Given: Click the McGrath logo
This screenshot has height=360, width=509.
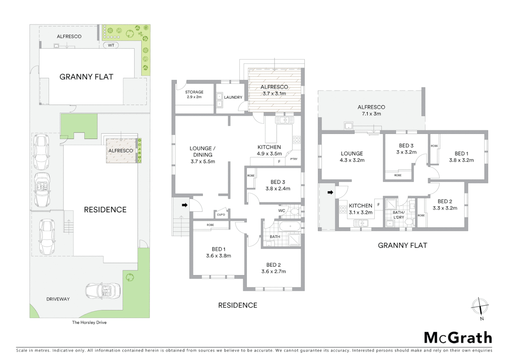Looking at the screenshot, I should (x=458, y=338).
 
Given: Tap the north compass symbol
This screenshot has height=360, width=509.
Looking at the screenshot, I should (x=480, y=306).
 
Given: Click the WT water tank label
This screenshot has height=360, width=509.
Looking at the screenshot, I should (x=111, y=45).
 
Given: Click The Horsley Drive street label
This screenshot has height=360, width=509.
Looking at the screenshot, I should (x=89, y=322).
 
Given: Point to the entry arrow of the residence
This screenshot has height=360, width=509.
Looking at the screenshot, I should (x=184, y=205).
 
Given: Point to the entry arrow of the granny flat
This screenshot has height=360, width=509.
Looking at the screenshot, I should (x=330, y=192).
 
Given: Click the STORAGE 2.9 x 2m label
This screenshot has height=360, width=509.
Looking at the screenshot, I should (x=194, y=94).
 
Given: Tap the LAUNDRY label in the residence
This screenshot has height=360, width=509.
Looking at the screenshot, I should (x=233, y=97).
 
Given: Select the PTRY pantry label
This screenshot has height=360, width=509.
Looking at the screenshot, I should (x=294, y=159).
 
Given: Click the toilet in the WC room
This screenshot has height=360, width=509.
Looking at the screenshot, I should (x=295, y=211).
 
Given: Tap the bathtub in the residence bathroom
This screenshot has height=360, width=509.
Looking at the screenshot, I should (x=290, y=227).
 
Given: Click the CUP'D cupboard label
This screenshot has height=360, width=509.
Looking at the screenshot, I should (x=221, y=215).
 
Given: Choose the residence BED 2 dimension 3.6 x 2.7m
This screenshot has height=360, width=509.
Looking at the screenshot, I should (x=273, y=271).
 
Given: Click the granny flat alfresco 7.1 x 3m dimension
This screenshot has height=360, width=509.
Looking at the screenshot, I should (x=371, y=114).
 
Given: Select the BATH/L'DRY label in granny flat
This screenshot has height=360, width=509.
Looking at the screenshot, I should (x=398, y=215).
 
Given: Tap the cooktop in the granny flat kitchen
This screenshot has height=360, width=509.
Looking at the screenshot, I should (x=343, y=210).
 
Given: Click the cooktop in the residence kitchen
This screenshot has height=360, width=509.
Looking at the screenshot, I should (x=296, y=140).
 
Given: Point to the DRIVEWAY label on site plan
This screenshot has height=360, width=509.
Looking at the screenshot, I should (x=58, y=299).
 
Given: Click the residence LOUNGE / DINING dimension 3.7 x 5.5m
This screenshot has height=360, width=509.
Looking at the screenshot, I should (x=203, y=161).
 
